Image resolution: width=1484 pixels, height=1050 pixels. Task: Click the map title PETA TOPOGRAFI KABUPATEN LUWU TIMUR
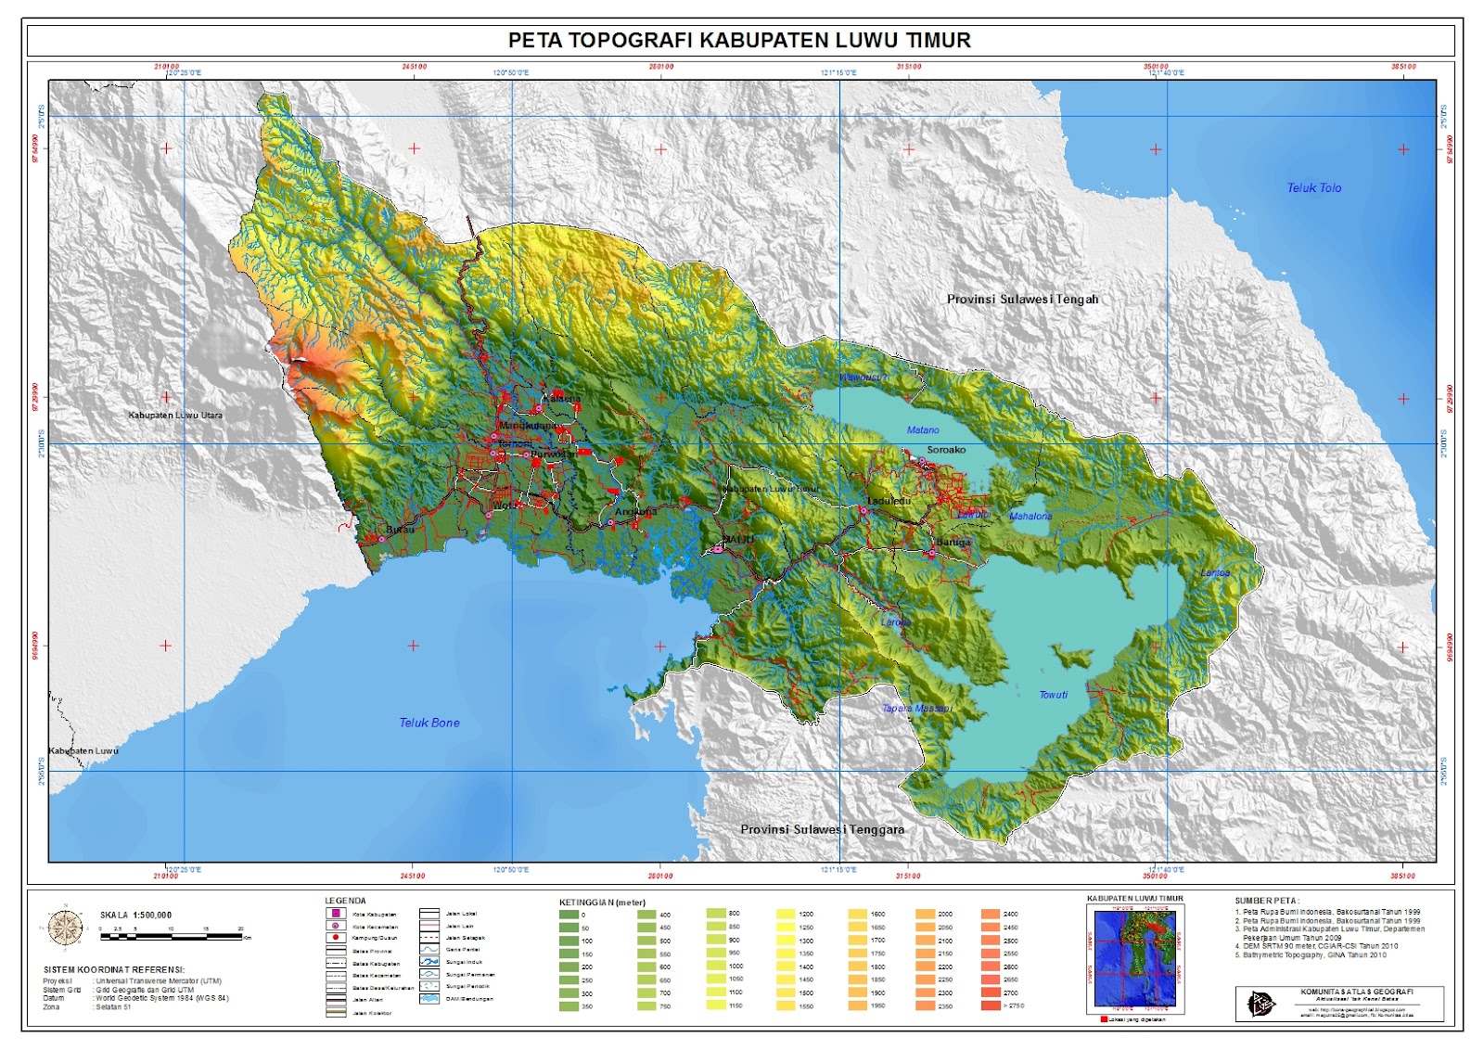[x=739, y=41]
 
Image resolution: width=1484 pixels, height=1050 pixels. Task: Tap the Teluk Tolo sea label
[x=1313, y=188]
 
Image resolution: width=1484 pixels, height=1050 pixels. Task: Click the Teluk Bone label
[x=429, y=723]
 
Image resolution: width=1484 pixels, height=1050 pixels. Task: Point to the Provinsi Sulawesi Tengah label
[x=1022, y=300]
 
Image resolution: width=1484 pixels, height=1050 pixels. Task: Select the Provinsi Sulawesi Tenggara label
[x=822, y=829]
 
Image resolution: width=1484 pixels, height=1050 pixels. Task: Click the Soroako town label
[x=946, y=450]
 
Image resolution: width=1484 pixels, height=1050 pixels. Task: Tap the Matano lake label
[x=922, y=430]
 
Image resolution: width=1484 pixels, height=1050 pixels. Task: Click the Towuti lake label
[x=1053, y=695]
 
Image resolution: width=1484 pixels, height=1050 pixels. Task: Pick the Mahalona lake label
[x=1030, y=517]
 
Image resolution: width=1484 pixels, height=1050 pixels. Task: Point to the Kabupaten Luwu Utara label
[x=175, y=416]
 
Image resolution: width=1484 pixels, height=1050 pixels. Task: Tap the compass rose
[x=65, y=928]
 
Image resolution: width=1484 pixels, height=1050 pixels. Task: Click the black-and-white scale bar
[x=172, y=937]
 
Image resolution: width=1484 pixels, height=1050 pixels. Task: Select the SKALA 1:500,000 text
[x=136, y=916]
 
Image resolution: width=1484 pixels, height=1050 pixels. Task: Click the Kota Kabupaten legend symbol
[x=336, y=914]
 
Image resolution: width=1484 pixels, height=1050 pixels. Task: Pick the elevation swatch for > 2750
[x=990, y=1005]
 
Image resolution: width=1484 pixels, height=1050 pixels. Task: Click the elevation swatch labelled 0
[x=569, y=915]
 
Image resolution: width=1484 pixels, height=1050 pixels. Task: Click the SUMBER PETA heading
[x=1266, y=901]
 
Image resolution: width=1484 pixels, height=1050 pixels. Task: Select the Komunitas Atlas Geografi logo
[x=1260, y=1003]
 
